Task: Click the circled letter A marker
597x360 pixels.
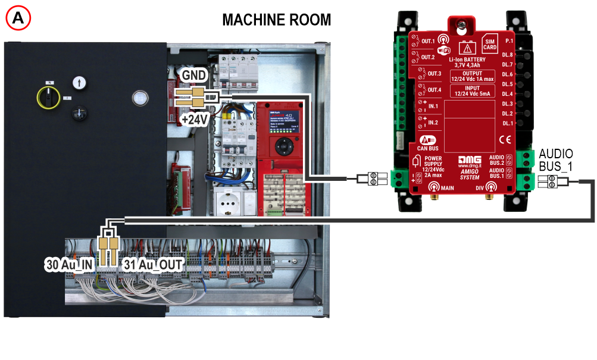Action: tap(18, 18)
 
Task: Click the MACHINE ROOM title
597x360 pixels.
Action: tap(276, 20)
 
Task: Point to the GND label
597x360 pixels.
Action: tap(194, 76)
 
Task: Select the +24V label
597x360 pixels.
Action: tap(194, 120)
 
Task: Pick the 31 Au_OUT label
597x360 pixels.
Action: tap(152, 265)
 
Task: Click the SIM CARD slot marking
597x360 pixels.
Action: tap(490, 42)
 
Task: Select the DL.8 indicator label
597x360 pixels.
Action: tap(507, 55)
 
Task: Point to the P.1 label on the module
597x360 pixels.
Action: tap(508, 41)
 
